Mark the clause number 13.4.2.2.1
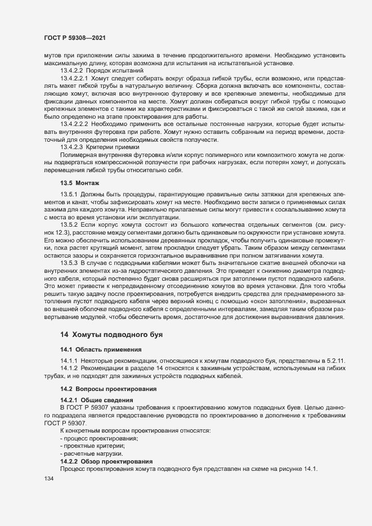(x=78, y=78)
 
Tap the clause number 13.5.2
(x=69, y=225)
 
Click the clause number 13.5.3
(x=69, y=263)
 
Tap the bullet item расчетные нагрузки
(x=92, y=453)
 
